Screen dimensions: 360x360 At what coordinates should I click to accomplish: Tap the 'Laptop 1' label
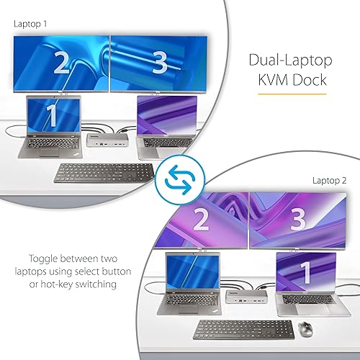[x=31, y=24]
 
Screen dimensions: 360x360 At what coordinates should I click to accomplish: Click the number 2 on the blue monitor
[x=60, y=64]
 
